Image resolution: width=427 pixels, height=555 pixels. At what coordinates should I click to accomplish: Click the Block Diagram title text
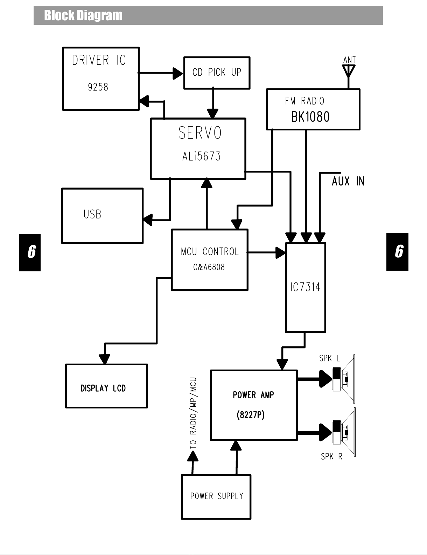(83, 15)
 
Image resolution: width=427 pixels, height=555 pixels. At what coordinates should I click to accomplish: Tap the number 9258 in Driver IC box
(98, 87)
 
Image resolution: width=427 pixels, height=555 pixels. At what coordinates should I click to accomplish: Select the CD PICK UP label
(217, 72)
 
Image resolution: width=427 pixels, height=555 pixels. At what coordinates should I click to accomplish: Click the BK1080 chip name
(310, 117)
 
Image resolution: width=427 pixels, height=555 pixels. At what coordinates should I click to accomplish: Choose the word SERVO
(200, 133)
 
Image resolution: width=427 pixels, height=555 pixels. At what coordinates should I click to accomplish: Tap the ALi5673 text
(201, 156)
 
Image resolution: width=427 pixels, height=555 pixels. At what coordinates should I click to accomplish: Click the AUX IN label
(348, 181)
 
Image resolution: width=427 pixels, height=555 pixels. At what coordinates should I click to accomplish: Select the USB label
(92, 214)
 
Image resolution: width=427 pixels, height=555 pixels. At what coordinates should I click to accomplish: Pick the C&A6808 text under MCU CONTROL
(209, 267)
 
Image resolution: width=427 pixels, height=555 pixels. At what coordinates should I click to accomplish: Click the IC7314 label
(305, 287)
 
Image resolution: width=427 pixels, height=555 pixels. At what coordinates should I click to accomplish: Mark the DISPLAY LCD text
(103, 388)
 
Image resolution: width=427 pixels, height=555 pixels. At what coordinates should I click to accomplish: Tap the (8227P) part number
(251, 415)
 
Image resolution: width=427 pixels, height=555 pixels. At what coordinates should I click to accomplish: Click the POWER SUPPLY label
(217, 496)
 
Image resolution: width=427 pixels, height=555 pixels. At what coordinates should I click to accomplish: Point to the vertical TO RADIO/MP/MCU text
(193, 413)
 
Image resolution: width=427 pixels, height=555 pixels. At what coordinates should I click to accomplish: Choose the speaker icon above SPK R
(344, 432)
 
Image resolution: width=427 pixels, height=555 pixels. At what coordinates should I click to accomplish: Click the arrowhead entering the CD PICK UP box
(178, 73)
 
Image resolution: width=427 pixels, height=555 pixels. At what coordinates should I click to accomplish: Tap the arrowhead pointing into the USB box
(148, 220)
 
